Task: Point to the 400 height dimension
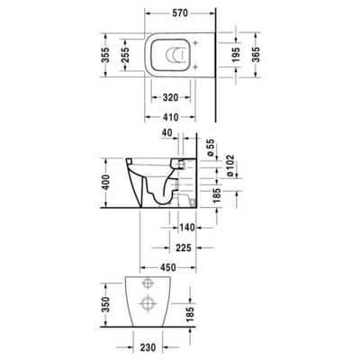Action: pos(107,184)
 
